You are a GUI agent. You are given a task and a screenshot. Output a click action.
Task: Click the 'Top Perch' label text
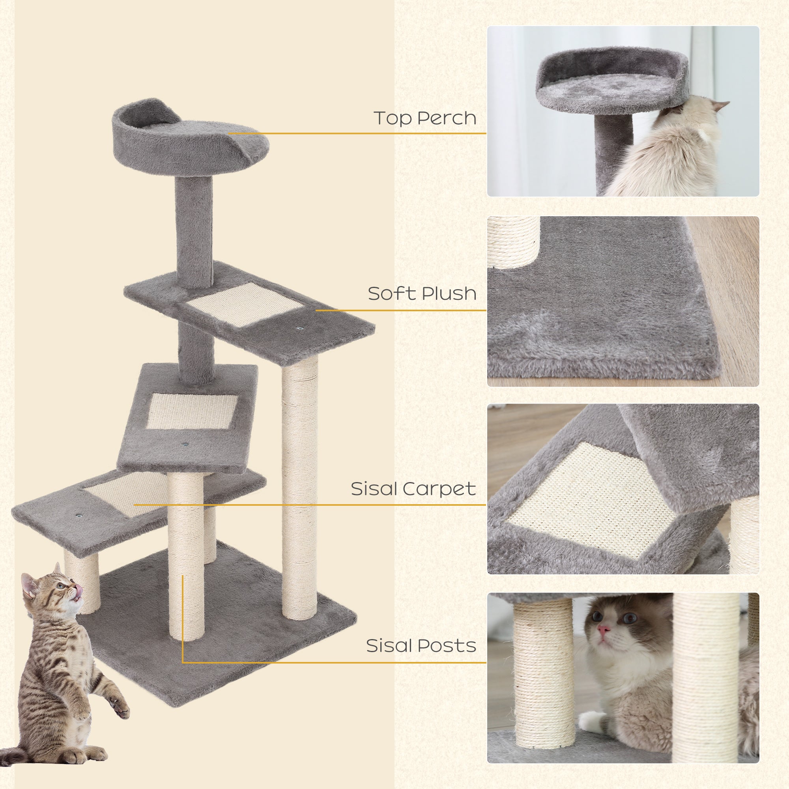click(425, 118)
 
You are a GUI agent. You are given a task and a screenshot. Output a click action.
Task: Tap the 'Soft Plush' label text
click(422, 294)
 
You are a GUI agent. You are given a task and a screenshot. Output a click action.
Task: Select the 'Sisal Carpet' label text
click(413, 489)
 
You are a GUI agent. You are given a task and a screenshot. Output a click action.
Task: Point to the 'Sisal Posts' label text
click(421, 646)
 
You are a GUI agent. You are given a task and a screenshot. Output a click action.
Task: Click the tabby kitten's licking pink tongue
click(79, 590)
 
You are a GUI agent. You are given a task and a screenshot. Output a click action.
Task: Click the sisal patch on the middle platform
click(191, 411)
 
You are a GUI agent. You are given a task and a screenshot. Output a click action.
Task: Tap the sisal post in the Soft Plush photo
click(513, 241)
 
